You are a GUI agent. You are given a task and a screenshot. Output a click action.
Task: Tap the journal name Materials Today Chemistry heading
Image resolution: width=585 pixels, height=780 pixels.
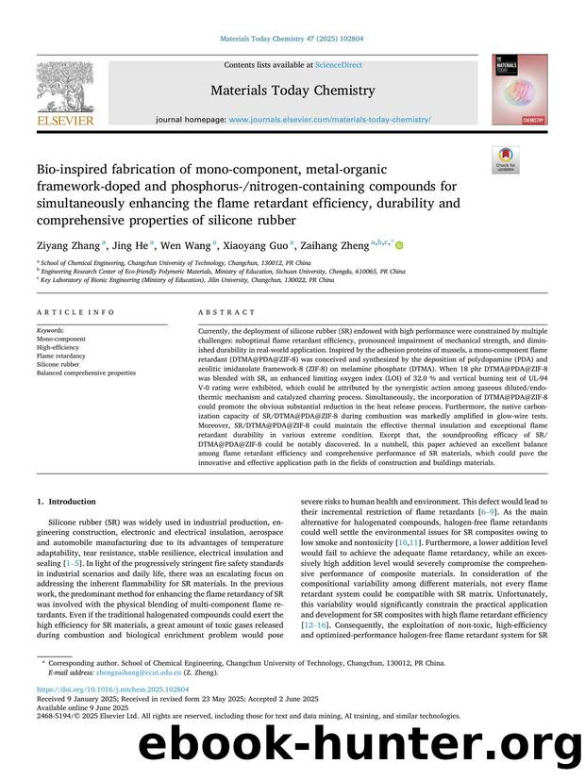(292, 91)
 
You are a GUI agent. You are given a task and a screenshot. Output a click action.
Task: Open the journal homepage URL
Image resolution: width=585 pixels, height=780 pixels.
(330, 120)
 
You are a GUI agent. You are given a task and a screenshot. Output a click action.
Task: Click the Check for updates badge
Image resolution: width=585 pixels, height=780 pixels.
(505, 160)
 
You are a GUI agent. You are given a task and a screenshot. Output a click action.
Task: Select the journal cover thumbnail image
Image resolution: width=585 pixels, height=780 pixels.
(518, 91)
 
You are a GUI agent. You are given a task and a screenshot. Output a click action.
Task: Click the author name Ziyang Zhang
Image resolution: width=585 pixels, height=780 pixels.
(68, 245)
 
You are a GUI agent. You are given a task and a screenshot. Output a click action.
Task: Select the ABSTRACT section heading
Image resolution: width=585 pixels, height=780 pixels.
(226, 312)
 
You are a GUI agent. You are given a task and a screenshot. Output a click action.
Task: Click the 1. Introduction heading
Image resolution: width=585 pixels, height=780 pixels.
(66, 502)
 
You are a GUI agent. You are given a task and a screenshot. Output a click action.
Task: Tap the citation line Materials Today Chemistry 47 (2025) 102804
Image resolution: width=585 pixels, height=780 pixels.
(292, 39)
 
